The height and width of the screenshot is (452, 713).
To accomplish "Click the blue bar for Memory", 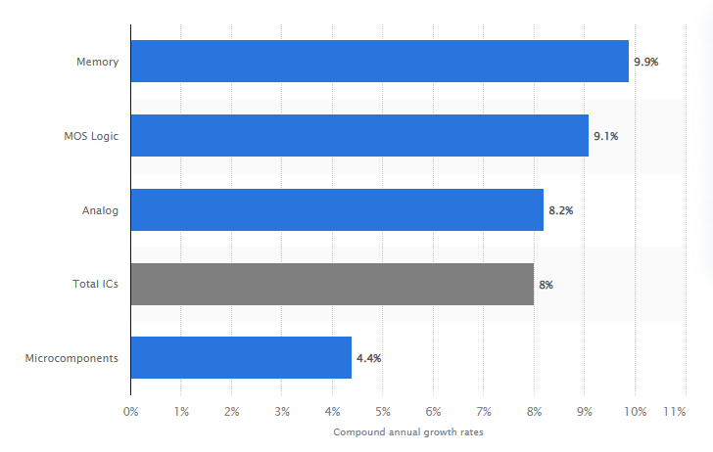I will pyautogui.click(x=379, y=62).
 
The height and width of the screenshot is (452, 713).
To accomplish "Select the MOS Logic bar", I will pyautogui.click(x=359, y=136).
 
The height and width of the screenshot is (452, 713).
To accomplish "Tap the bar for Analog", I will pyautogui.click(x=336, y=210).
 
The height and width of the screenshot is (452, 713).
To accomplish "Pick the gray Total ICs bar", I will pyautogui.click(x=332, y=285).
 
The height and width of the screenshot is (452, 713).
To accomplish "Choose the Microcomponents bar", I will pyautogui.click(x=241, y=358).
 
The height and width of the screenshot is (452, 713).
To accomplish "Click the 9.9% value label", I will pyautogui.click(x=646, y=62).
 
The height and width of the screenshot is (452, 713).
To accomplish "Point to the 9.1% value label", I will pyautogui.click(x=605, y=136).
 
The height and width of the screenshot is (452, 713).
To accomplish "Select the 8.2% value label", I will pyautogui.click(x=561, y=210).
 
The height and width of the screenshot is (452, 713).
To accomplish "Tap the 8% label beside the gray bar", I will pyautogui.click(x=547, y=285).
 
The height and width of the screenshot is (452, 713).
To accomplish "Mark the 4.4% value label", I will pyautogui.click(x=369, y=358).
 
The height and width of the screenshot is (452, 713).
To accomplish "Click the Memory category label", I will pyautogui.click(x=98, y=63).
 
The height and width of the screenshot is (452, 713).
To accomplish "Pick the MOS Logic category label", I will pyautogui.click(x=85, y=136).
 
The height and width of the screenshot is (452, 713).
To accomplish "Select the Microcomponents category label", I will pyautogui.click(x=72, y=358).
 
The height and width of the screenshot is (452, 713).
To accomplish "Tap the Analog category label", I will pyautogui.click(x=101, y=210).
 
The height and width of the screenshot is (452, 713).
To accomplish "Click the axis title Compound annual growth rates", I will pyautogui.click(x=407, y=432).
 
